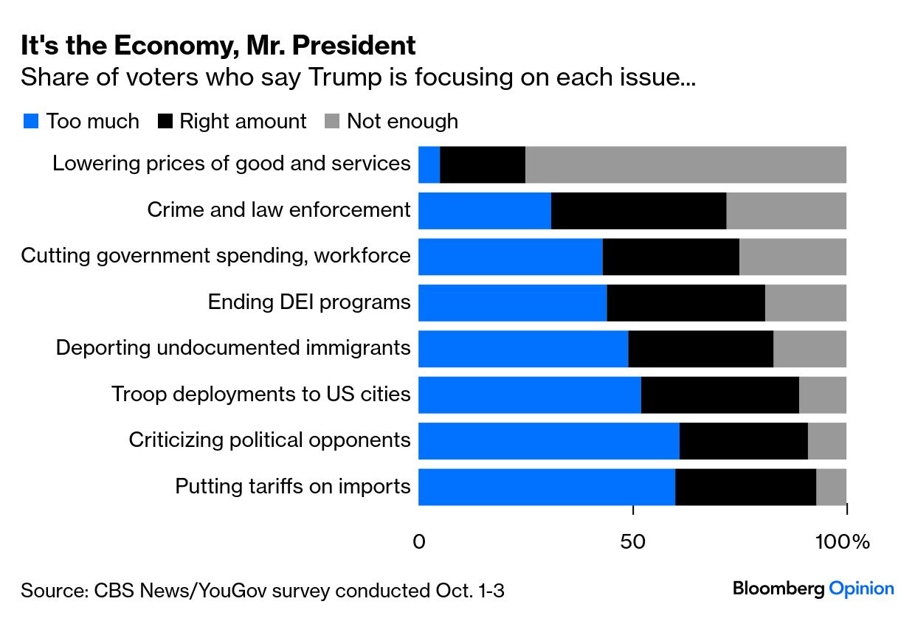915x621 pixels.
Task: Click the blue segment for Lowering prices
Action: point(429,164)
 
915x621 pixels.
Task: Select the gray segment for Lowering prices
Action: point(686,164)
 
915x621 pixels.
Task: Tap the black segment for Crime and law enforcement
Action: point(638,210)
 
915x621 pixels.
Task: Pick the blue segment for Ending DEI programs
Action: point(512,302)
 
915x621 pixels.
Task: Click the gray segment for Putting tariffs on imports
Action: point(831,487)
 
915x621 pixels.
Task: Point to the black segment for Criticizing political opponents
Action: point(743,441)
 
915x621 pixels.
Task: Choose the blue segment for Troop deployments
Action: point(529,395)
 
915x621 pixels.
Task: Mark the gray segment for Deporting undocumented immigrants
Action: point(809,349)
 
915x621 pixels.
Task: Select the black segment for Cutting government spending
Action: point(671,257)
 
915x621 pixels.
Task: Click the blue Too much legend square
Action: point(30,122)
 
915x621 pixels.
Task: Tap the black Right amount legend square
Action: point(166,122)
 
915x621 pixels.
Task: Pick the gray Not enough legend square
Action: point(333,122)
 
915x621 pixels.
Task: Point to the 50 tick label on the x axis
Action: point(633,542)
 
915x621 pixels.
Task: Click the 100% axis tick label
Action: point(842,542)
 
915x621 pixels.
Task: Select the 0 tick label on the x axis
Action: point(418,542)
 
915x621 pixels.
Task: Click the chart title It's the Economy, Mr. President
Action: point(218,46)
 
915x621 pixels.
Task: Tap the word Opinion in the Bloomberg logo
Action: point(861,589)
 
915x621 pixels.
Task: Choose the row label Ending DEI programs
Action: point(308,302)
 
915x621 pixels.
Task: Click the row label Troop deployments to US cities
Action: point(260,395)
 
